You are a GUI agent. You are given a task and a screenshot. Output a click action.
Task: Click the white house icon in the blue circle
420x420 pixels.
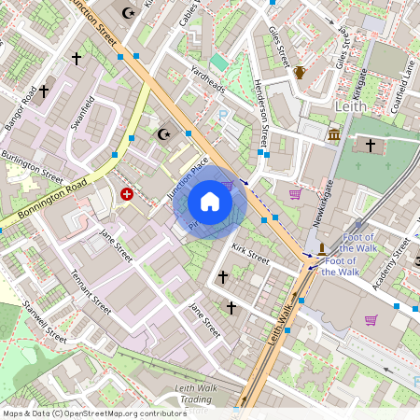pyautogui.click(x=210, y=202)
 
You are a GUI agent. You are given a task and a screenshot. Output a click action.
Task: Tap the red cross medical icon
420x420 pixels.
pyautogui.click(x=127, y=194)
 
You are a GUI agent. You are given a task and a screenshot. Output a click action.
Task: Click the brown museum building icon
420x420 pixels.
pyautogui.click(x=334, y=136)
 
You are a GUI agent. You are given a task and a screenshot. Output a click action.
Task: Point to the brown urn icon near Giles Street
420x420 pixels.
pyautogui.click(x=300, y=72)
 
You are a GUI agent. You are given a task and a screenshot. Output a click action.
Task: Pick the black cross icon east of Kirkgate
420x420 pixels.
pyautogui.click(x=371, y=146)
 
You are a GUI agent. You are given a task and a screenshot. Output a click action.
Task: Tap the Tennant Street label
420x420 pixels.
pyautogui.click(x=91, y=292)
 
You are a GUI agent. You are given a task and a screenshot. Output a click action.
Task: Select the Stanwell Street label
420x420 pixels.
pyautogui.click(x=44, y=322)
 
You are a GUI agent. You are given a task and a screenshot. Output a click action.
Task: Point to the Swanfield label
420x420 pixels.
pyautogui.click(x=83, y=112)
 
